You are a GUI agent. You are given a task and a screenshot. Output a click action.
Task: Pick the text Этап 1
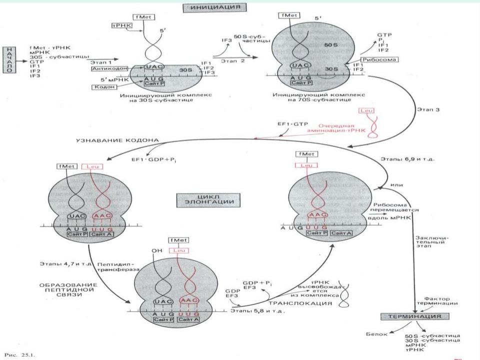pyautogui.click(x=100, y=60)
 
